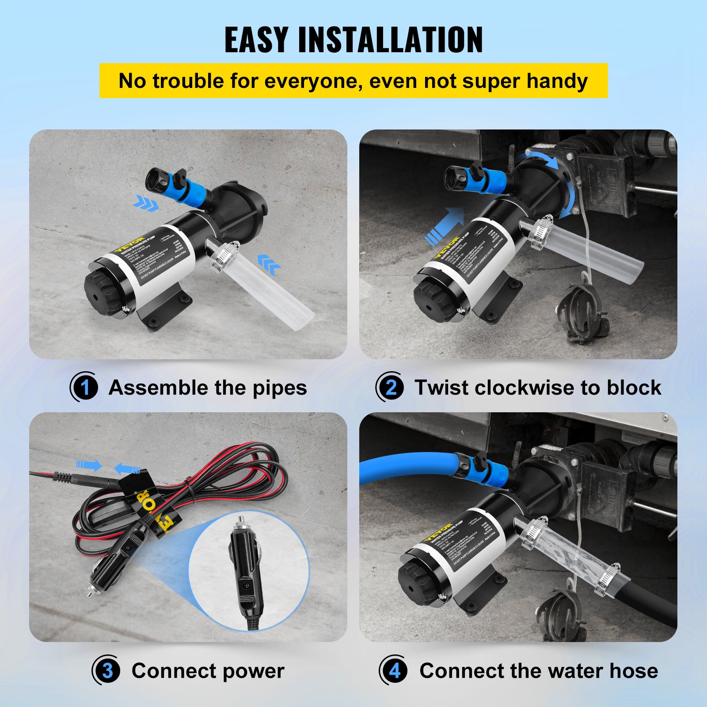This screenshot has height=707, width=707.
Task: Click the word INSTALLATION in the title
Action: click(x=391, y=40)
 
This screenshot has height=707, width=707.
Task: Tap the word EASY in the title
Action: click(x=256, y=40)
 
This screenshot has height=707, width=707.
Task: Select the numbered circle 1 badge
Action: click(x=84, y=388)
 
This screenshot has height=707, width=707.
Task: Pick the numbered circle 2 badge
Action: click(x=390, y=388)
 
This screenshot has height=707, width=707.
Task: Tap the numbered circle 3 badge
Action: click(x=106, y=671)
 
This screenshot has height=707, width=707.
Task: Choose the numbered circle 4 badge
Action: click(x=394, y=671)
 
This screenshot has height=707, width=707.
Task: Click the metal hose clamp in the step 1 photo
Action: click(x=225, y=256)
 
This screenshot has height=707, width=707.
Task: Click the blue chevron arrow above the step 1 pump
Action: click(x=146, y=203)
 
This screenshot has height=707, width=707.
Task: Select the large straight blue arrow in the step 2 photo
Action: click(x=444, y=225)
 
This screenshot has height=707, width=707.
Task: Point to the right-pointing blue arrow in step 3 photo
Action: click(x=88, y=464)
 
